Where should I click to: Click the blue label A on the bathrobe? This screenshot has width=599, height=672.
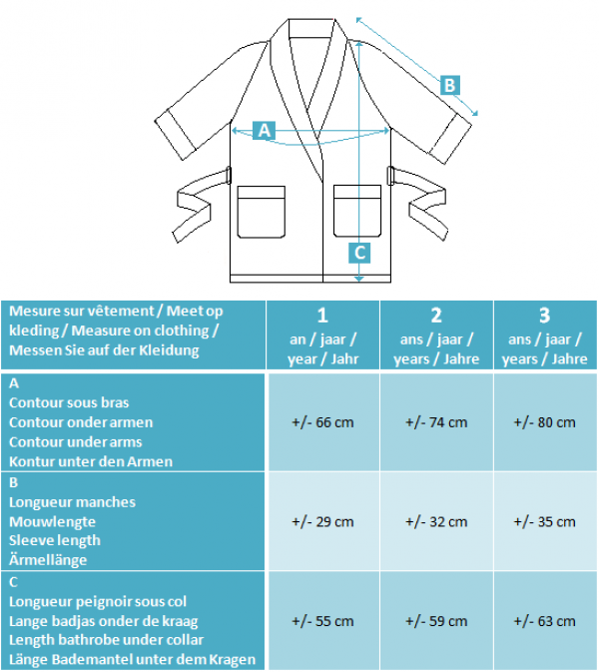[264, 130]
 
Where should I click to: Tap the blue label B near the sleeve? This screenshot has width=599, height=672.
[450, 85]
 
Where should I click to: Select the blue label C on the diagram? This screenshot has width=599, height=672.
[359, 253]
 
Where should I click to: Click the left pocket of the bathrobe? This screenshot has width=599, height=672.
[261, 212]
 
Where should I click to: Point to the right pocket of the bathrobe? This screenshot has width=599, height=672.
[357, 211]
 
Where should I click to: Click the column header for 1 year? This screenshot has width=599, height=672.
[322, 336]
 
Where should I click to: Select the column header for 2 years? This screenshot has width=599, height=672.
[436, 336]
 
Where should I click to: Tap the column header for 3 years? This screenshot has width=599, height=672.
[544, 336]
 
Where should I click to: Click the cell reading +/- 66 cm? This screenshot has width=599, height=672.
[322, 422]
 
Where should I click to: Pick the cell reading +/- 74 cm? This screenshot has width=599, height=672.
[436, 422]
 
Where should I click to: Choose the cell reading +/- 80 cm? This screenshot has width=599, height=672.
[544, 422]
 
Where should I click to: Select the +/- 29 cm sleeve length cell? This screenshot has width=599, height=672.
[322, 522]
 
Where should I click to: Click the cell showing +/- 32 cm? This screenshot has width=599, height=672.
[436, 522]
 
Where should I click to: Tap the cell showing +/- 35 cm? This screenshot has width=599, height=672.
[544, 522]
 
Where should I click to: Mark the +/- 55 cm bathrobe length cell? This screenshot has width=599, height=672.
[322, 621]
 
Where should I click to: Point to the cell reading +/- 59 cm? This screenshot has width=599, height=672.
[436, 621]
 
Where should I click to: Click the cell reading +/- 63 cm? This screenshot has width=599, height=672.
[544, 621]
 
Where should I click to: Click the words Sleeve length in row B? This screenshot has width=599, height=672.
[55, 541]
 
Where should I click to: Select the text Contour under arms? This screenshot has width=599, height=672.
[76, 442]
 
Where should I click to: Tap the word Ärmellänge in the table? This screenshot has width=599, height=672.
[48, 560]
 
